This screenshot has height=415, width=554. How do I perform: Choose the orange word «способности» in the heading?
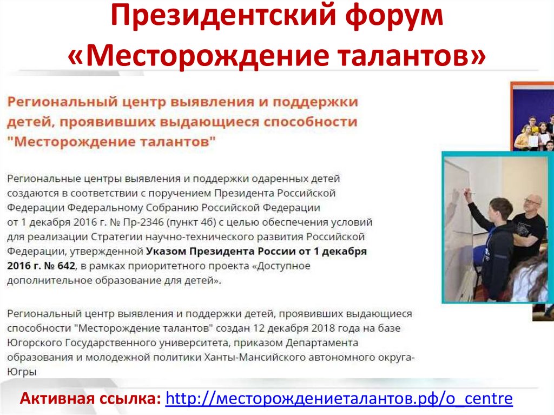[x=310, y=122]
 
